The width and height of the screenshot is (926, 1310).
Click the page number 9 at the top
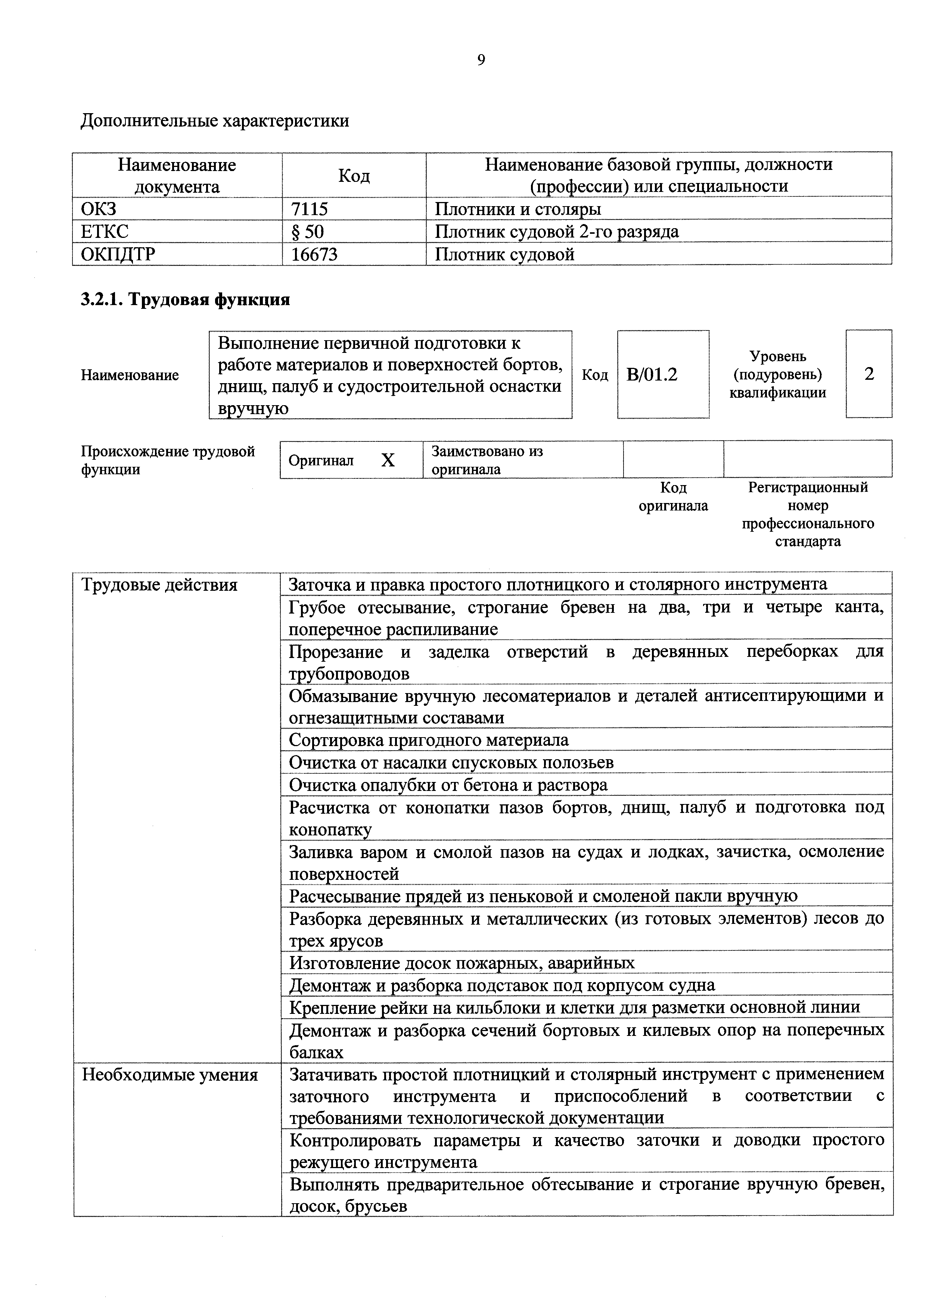(x=481, y=60)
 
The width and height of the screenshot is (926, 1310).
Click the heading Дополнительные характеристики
(x=215, y=121)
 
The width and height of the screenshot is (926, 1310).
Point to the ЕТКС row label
(x=105, y=231)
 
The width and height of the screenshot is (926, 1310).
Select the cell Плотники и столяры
(x=518, y=209)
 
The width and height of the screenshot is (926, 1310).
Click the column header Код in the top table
(x=354, y=175)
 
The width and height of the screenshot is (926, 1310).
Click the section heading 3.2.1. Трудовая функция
(x=186, y=299)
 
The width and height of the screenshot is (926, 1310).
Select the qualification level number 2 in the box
(x=868, y=374)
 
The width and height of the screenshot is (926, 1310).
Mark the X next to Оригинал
(x=388, y=460)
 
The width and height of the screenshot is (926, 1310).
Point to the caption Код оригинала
(x=673, y=496)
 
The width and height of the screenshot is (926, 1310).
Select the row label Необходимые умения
(x=170, y=1075)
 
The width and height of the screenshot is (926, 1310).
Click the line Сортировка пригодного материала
(x=429, y=740)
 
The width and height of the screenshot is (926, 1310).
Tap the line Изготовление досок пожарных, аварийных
(x=462, y=963)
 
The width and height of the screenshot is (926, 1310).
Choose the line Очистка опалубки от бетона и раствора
(x=448, y=785)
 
